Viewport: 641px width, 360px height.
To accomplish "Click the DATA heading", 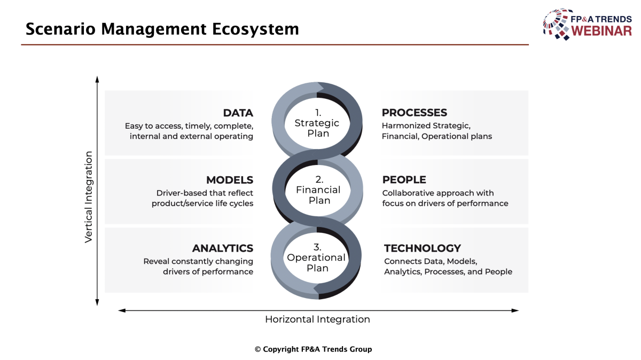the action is pos(238,113).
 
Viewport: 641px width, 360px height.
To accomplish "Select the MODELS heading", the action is pos(230,180).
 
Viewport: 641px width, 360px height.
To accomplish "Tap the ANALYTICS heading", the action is pos(223,248).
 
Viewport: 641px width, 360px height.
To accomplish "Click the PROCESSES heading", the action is pos(415,113).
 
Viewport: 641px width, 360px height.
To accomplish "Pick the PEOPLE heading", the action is pos(404,179).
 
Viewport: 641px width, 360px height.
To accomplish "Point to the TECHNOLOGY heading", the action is pos(423,248).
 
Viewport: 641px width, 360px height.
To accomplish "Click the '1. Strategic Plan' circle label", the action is pos(317,123).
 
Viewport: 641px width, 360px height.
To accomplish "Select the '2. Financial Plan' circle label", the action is pos(318,190).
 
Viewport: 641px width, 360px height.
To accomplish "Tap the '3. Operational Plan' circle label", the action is pos(316,257).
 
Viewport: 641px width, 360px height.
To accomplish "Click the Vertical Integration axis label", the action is pos(89,197).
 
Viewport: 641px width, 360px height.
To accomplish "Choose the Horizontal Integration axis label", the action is pos(317,319).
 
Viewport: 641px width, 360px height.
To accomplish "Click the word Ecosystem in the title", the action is pos(255,29).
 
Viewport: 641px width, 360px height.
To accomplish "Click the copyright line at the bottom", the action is pos(314,349).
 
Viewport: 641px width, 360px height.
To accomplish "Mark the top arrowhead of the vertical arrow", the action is pos(97,79).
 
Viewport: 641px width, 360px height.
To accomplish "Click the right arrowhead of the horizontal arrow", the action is pos(515,310).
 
